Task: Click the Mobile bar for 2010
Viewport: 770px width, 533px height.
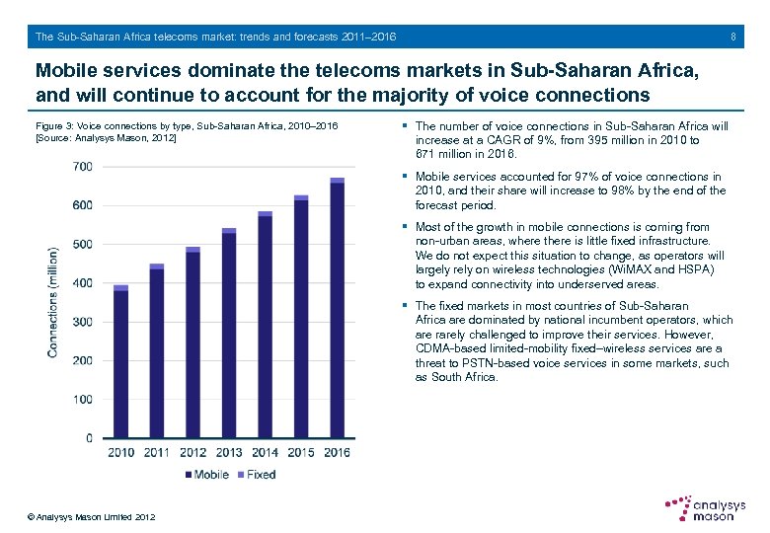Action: (120, 364)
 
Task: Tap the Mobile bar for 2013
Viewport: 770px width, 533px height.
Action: (229, 336)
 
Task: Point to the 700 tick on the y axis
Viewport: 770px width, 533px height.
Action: (82, 167)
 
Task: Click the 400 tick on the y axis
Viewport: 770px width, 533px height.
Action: (82, 283)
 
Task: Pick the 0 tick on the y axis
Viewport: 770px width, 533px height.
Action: (90, 438)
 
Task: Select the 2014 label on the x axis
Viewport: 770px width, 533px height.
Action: (265, 453)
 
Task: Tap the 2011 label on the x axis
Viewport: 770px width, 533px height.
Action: (157, 453)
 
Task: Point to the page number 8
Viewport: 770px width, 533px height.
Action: (733, 37)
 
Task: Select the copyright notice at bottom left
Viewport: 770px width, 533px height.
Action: (91, 517)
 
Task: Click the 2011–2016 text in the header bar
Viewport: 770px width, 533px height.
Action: (367, 37)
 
